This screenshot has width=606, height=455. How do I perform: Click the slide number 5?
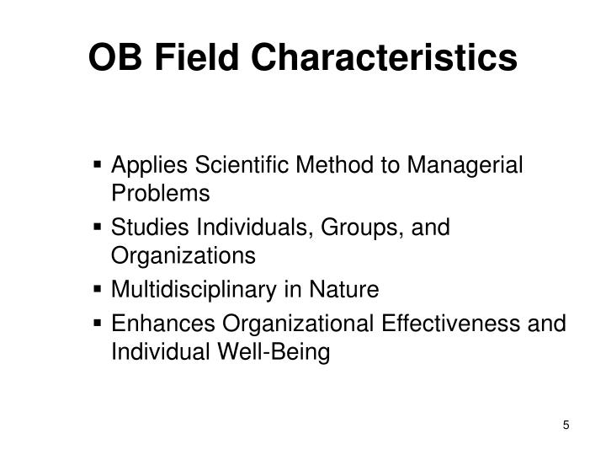pyautogui.click(x=566, y=424)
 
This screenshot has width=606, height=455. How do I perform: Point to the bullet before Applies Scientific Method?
pyautogui.click(x=100, y=163)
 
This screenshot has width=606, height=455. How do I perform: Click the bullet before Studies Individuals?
pyautogui.click(x=100, y=227)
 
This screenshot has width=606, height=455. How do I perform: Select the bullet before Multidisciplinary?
pyautogui.click(x=100, y=291)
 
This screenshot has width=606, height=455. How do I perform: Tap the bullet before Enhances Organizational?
pyautogui.click(x=100, y=323)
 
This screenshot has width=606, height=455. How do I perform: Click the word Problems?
pyautogui.click(x=160, y=195)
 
